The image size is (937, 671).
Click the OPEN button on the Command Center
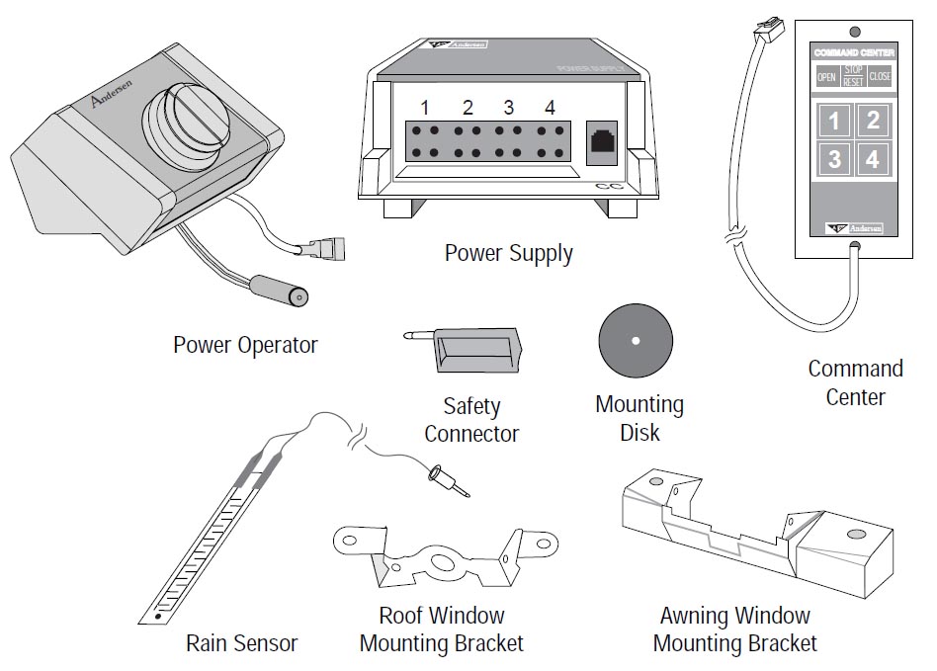(x=825, y=77)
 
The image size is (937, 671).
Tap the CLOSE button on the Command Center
(x=879, y=77)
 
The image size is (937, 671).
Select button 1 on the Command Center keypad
(x=835, y=121)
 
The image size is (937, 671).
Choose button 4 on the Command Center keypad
(x=872, y=158)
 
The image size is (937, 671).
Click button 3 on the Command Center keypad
(x=835, y=158)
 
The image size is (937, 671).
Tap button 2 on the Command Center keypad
(x=872, y=121)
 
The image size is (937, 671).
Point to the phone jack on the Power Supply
(x=601, y=138)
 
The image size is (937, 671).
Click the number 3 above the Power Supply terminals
(x=508, y=107)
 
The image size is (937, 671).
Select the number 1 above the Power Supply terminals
(x=424, y=107)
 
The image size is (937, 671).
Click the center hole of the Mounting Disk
(x=635, y=342)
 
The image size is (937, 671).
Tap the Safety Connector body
(x=476, y=351)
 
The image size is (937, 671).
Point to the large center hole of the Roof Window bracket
(x=442, y=563)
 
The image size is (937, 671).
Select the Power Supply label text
(x=508, y=253)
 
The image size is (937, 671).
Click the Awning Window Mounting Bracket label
(x=734, y=630)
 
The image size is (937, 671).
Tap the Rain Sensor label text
(x=241, y=643)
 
